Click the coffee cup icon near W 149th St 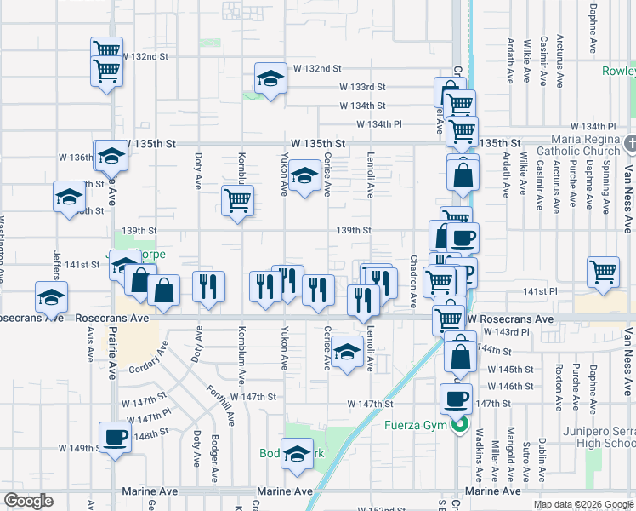(x=115, y=438)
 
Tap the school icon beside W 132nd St (x=270, y=79)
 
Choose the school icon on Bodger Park (x=297, y=454)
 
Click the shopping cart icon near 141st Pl (x=603, y=273)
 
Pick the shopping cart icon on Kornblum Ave (x=237, y=201)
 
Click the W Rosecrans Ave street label (x=510, y=319)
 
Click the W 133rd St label (x=362, y=87)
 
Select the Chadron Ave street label (x=413, y=281)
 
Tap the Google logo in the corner (x=28, y=501)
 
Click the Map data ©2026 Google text (x=583, y=504)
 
